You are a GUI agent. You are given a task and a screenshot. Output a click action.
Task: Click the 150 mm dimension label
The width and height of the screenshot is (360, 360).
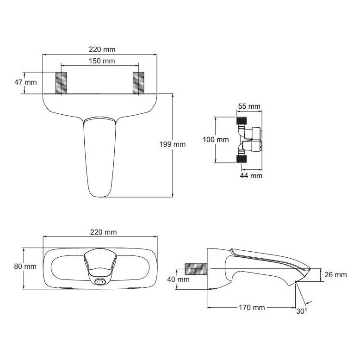click(102, 61)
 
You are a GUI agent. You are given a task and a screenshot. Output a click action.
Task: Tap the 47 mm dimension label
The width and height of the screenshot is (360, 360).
click(25, 82)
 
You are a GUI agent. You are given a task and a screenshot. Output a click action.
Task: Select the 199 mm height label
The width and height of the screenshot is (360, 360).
click(173, 144)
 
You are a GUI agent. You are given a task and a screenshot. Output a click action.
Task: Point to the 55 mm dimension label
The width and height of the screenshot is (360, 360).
click(249, 106)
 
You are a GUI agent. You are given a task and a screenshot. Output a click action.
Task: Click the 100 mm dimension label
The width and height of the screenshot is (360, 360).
click(216, 140)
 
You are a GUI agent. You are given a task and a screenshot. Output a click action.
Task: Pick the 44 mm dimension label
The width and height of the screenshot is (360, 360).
click(251, 176)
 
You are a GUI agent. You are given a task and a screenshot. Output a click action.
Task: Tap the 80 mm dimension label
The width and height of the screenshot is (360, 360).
click(25, 267)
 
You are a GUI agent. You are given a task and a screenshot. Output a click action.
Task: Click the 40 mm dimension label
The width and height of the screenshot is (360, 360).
click(178, 279)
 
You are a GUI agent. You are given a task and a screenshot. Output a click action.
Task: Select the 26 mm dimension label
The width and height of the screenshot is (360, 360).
click(335, 274)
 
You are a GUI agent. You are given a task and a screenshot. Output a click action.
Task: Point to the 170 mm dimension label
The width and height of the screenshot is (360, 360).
click(252, 307)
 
